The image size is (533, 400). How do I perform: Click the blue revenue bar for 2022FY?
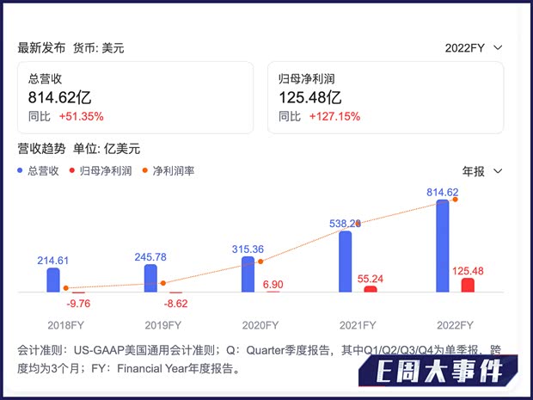click(x=443, y=246)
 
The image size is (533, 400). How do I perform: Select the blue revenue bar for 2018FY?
click(x=53, y=280)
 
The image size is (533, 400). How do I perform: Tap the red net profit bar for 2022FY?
click(x=468, y=285)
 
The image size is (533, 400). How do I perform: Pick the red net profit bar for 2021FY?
click(x=371, y=289)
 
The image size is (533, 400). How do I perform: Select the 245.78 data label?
click(x=151, y=257)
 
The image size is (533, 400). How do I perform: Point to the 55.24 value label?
click(x=369, y=279)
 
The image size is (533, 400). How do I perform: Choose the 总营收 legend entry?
click(x=38, y=170)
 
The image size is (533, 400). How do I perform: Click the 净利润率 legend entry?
click(x=168, y=170)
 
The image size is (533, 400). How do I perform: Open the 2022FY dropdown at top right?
click(x=474, y=48)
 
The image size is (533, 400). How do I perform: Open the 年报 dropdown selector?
click(x=482, y=170)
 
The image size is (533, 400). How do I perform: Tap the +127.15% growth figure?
click(x=334, y=116)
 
